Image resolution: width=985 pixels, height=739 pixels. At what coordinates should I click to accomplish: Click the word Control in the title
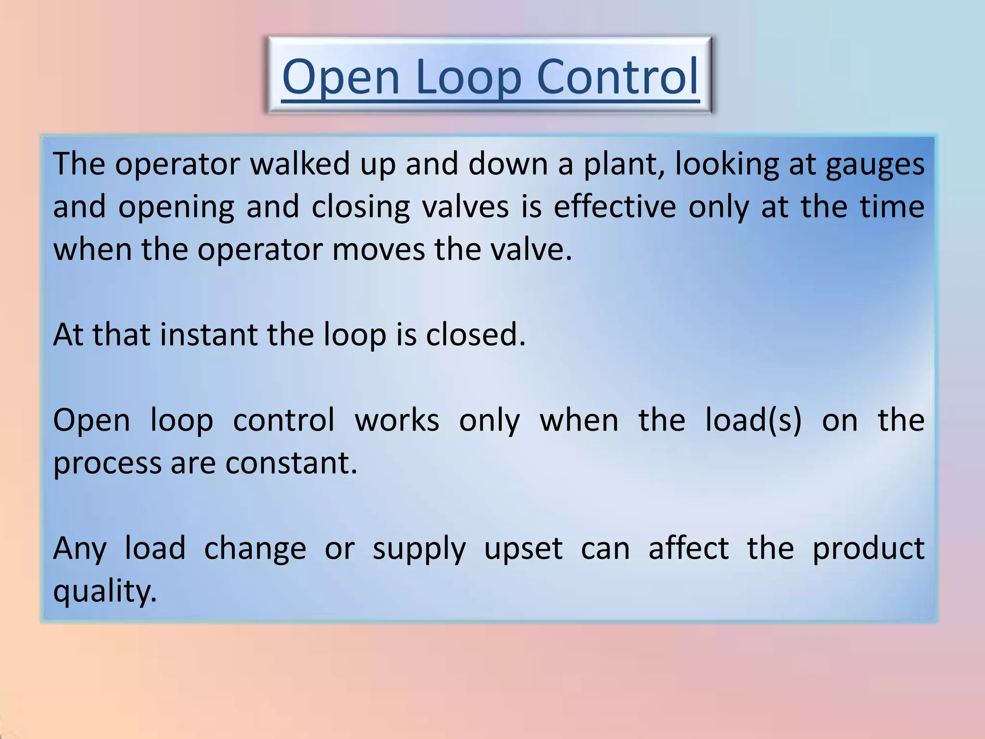click(x=617, y=77)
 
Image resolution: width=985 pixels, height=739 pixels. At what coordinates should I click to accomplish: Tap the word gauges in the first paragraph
click(x=875, y=165)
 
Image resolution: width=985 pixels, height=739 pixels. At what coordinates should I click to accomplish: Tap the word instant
click(x=209, y=335)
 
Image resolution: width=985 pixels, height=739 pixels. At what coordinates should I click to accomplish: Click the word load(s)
click(x=753, y=420)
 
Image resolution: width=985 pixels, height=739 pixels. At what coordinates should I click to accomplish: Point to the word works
click(x=397, y=420)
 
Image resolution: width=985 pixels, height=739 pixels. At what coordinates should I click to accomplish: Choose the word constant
click(x=291, y=463)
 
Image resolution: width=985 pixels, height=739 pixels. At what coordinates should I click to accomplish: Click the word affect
click(x=688, y=548)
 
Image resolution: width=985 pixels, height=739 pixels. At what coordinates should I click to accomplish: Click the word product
click(x=868, y=549)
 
